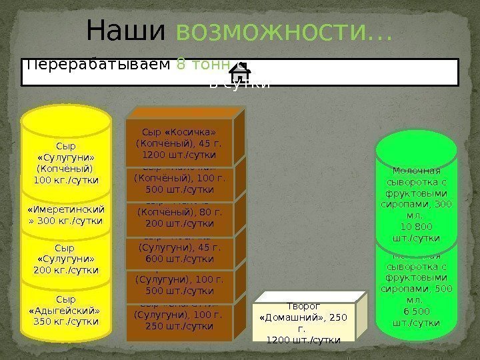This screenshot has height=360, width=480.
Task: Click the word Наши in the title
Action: (x=125, y=30)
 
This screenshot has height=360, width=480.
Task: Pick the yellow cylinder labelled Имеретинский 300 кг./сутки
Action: (x=66, y=215)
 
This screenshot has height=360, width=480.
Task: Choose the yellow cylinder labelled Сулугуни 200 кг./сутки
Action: (x=66, y=258)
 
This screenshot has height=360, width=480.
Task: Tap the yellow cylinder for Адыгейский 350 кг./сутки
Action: (x=66, y=311)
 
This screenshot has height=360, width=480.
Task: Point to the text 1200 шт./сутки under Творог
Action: (x=303, y=340)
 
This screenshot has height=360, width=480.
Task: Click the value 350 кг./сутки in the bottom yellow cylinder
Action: (x=66, y=322)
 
